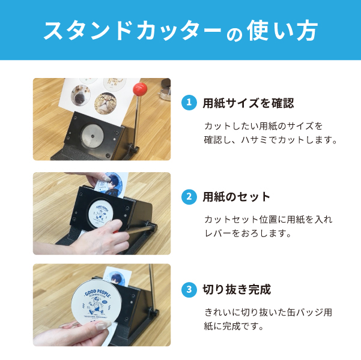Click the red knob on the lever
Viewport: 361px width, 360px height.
pos(140,89)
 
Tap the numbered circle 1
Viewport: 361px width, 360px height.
pos(189,103)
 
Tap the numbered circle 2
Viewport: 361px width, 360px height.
pos(189,197)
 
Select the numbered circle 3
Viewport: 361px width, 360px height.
pos(189,290)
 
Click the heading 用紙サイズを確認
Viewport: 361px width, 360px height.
pos(248,103)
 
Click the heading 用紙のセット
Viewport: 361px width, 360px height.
pos(237,197)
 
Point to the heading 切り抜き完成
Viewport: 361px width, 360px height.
pos(237,290)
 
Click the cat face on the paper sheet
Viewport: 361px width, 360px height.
pos(106,103)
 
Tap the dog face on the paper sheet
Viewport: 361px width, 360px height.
pos(80,95)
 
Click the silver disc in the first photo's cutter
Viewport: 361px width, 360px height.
pos(93,136)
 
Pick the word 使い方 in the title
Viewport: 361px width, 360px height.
pos(282,31)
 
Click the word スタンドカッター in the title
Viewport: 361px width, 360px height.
pos(132,31)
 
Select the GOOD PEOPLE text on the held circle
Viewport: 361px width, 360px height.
pos(98,293)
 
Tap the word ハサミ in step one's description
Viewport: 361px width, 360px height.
pos(255,140)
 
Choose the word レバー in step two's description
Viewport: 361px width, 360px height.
pos(217,233)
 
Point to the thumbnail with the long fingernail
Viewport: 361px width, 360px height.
pos(102,325)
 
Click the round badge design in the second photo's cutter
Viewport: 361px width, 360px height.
pos(101,213)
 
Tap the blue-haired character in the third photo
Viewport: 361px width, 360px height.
pos(117,278)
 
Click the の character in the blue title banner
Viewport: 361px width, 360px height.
pos(234,34)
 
